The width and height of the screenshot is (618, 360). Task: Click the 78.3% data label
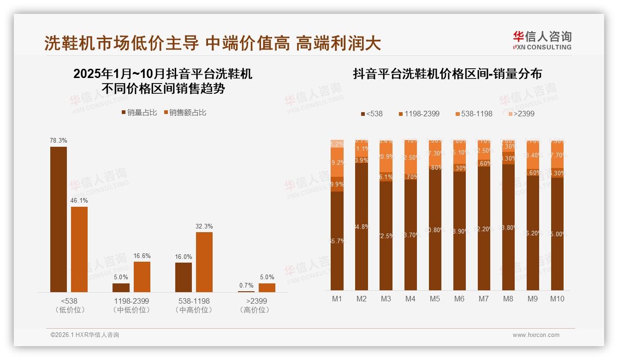click(x=59, y=140)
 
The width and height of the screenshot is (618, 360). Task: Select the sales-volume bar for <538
click(x=59, y=219)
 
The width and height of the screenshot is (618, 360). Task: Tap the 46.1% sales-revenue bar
click(x=79, y=249)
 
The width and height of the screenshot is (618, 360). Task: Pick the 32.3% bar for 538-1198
click(x=204, y=262)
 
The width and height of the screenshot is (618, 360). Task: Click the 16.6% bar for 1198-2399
click(x=142, y=276)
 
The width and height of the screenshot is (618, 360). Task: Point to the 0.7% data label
click(x=246, y=286)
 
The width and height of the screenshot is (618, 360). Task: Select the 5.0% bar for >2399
click(x=267, y=288)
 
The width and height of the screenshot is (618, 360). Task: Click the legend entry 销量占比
click(x=139, y=113)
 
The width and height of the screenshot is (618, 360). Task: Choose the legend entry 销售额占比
click(x=185, y=113)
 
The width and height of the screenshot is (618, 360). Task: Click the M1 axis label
click(x=337, y=299)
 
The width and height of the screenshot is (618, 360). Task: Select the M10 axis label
click(x=557, y=299)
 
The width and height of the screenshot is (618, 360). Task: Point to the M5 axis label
click(x=435, y=299)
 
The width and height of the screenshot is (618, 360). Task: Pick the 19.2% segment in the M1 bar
click(x=337, y=162)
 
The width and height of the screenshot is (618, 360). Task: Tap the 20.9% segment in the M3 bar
click(x=386, y=157)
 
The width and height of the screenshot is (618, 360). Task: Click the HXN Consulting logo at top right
click(x=542, y=40)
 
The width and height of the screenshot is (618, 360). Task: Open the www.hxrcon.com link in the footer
click(x=536, y=335)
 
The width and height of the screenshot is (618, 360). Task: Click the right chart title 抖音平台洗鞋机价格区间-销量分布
click(x=447, y=74)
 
